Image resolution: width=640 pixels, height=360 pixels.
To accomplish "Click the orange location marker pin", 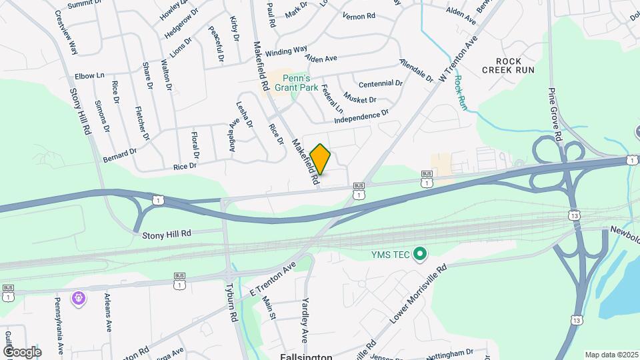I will pyautogui.click(x=321, y=159).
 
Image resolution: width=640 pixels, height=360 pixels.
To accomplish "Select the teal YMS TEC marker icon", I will pyautogui.click(x=420, y=254).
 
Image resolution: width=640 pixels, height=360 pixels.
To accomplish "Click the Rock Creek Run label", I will pyautogui.click(x=501, y=65).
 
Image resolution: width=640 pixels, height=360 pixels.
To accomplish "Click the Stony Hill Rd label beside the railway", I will pyautogui.click(x=167, y=234).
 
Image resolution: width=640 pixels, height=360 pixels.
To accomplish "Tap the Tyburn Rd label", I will pyautogui.click(x=234, y=307).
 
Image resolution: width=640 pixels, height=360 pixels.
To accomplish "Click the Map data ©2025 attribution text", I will pyautogui.click(x=611, y=355).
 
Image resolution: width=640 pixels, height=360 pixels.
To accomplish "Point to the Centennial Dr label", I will pyautogui.click(x=381, y=84).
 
